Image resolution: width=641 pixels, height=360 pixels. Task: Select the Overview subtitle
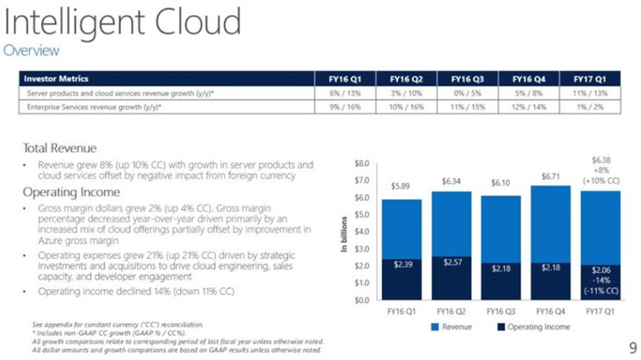tap(32, 50)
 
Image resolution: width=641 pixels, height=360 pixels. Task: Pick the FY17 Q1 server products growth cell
tap(591, 92)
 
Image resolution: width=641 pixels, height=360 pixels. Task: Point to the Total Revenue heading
tap(60, 148)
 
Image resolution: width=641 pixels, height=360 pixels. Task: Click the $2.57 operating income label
tap(450, 263)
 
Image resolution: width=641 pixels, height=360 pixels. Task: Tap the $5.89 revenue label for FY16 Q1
tap(402, 187)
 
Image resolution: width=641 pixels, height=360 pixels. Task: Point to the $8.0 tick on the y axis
tap(361, 163)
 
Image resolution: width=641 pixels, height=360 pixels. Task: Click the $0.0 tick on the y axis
tap(361, 300)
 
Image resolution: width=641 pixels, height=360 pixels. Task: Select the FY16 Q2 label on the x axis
tap(450, 310)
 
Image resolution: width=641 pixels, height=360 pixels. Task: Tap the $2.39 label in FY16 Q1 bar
tap(402, 265)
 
